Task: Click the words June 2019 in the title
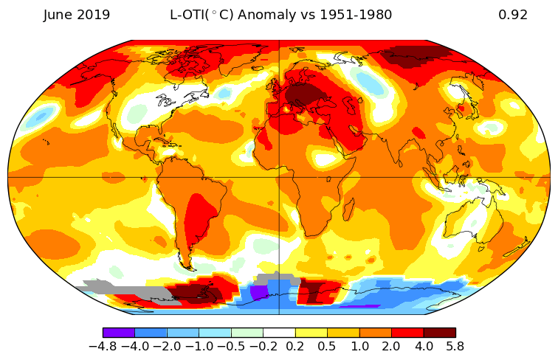77,15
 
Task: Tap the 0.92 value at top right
513,15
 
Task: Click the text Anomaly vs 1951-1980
325,15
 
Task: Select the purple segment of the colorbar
119,333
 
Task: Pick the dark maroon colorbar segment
439,333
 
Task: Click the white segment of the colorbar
279,333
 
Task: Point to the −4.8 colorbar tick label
103,345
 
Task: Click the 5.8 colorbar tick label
455,345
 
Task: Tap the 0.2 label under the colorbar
295,345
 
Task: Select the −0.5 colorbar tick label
231,345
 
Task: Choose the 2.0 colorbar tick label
391,345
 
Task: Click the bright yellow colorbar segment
311,333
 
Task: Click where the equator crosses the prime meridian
279,177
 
